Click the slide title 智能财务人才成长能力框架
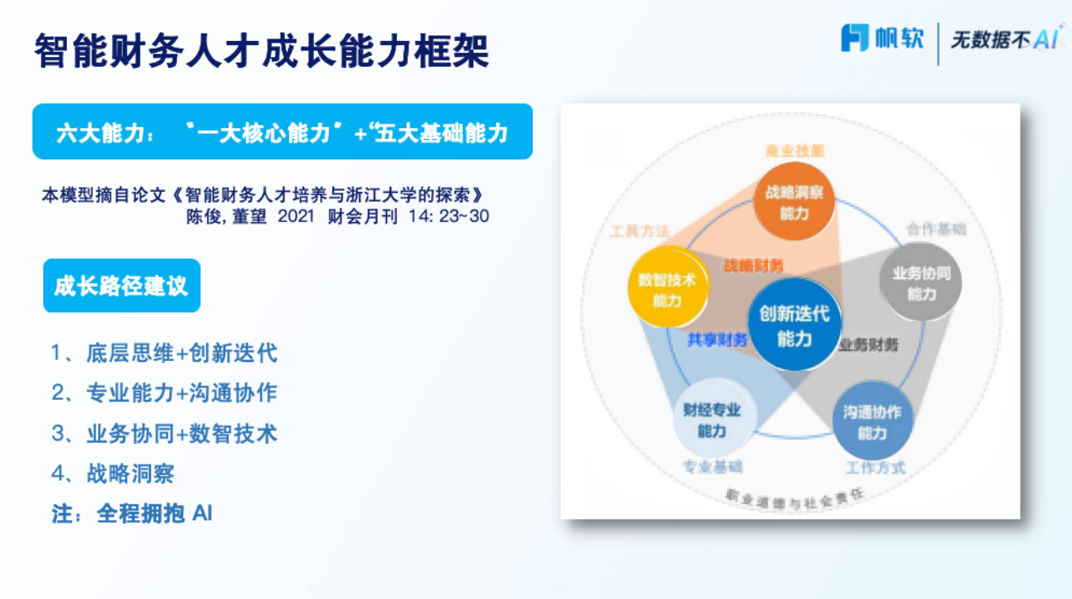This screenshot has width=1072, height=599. (261, 51)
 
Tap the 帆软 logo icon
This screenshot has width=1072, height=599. (855, 38)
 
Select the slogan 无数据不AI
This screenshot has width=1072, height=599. (1003, 39)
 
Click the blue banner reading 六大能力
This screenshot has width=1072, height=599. (282, 132)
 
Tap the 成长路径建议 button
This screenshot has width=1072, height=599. (121, 286)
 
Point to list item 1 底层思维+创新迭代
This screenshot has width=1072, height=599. (164, 353)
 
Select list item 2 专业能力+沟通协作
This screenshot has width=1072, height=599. (164, 393)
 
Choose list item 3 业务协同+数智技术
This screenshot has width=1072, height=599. (164, 433)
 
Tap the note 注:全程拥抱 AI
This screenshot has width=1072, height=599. (132, 513)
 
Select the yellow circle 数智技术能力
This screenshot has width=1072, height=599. (667, 289)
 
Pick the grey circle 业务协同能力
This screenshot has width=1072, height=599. (921, 283)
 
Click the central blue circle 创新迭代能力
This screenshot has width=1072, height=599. (794, 325)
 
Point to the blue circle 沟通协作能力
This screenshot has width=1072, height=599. (872, 421)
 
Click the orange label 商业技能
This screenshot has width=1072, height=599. (794, 151)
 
